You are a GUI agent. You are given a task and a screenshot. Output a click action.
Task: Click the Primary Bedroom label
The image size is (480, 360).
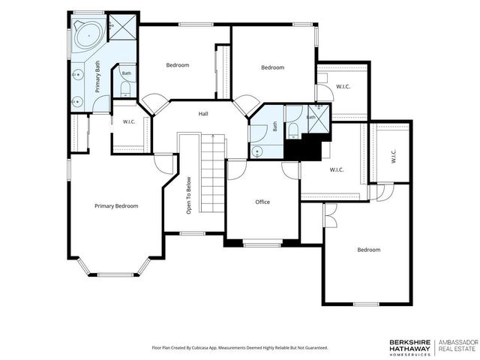point(116,206)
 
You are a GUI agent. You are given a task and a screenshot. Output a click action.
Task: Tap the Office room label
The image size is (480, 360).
point(262,202)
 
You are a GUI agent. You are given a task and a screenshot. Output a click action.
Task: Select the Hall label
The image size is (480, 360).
point(203,114)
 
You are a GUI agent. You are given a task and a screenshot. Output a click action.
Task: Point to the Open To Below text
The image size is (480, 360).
point(188,195)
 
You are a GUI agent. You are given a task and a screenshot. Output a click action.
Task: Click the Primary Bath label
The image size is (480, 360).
point(97,76)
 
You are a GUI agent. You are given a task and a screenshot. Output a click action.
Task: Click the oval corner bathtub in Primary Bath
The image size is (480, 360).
point(88,35)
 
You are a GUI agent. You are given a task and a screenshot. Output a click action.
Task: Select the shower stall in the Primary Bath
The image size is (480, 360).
point(123,27)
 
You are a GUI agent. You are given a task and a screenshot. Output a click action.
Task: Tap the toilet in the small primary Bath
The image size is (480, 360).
point(125,89)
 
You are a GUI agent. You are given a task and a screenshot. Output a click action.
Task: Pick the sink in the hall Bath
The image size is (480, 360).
point(257,151)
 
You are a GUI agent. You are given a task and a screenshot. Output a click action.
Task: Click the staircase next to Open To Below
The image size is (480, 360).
point(213,173)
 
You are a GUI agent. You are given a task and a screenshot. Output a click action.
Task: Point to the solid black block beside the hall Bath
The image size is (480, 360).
point(303,149)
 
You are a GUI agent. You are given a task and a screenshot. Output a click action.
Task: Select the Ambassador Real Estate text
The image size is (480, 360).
point(458,345)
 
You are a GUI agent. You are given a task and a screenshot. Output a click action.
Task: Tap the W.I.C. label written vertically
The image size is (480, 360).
point(394,156)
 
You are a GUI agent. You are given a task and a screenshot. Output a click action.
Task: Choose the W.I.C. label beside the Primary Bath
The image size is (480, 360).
point(129,121)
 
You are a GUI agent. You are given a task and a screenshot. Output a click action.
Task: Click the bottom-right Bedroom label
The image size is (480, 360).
point(369,250)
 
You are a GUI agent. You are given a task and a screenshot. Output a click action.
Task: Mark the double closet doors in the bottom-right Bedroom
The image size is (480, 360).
point(330,215)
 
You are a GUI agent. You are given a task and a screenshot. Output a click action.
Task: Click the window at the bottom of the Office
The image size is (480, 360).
point(262,244)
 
